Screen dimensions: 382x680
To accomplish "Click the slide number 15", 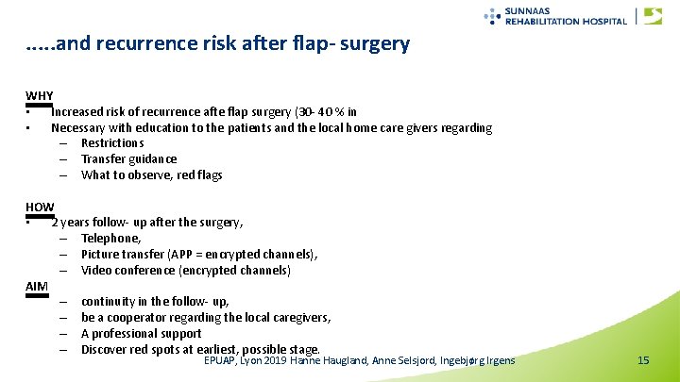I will [x=643, y=361].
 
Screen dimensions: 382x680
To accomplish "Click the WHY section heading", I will [x=40, y=96].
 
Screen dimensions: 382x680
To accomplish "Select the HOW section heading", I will [x=40, y=207].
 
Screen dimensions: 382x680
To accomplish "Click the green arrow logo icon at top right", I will [x=653, y=15].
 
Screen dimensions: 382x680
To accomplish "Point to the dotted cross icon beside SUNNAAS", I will [x=492, y=15].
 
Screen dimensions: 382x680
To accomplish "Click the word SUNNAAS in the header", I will [x=533, y=10].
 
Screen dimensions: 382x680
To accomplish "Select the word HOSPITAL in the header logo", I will [x=601, y=21].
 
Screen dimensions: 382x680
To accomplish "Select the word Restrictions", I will [x=112, y=143].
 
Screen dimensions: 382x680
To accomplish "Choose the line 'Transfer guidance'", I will [x=128, y=159].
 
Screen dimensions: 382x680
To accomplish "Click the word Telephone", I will [x=110, y=239].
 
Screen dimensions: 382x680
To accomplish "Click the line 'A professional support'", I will [x=142, y=334].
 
